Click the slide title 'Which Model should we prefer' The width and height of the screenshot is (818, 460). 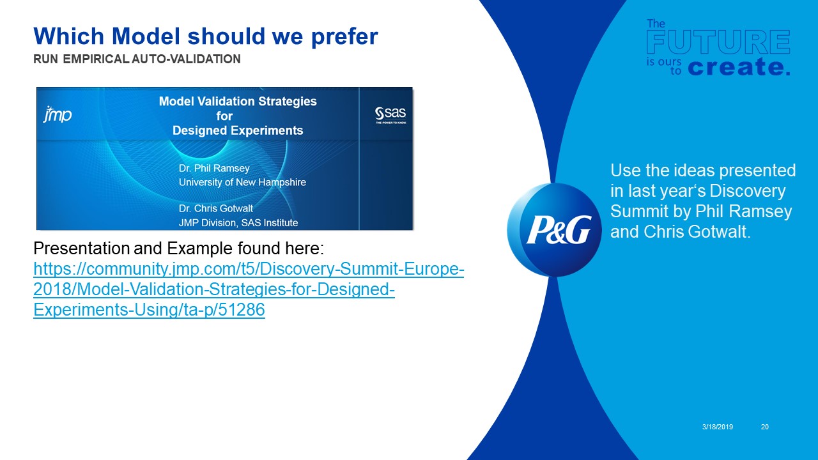point(205,36)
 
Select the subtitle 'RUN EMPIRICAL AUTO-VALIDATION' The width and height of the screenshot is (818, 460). point(137,59)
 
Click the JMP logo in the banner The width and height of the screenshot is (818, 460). point(58,115)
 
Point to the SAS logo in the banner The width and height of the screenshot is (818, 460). point(390,115)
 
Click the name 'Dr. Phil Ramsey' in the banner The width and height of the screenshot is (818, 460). point(214,168)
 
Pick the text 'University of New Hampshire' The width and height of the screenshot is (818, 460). point(242,182)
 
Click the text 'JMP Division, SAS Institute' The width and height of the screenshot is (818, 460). point(238,223)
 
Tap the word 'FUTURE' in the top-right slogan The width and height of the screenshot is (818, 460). point(718,43)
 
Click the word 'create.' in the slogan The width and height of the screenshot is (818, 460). point(739,67)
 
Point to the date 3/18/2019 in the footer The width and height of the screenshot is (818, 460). point(717,427)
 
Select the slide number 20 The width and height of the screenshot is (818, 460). point(764,427)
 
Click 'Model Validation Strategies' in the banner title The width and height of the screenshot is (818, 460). point(238,101)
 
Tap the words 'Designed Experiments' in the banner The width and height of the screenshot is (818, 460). point(238,130)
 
